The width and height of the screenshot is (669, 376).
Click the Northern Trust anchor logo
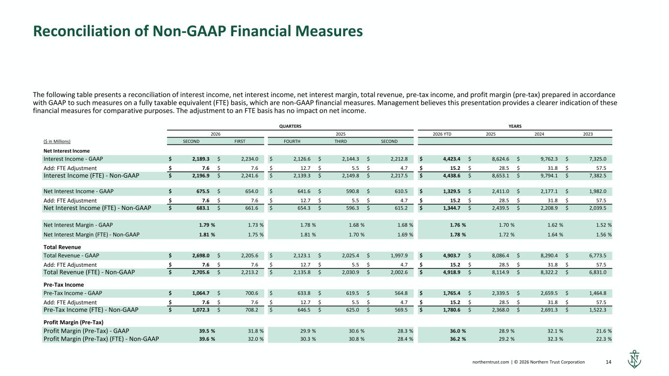(634, 359)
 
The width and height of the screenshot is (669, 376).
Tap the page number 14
(608, 362)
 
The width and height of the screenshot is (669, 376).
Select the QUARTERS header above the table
(290, 126)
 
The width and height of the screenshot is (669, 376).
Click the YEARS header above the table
(515, 126)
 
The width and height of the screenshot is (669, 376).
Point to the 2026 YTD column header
(442, 134)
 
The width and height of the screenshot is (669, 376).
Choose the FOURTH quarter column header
(292, 141)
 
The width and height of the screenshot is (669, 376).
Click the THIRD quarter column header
(341, 141)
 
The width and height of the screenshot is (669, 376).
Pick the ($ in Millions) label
(57, 141)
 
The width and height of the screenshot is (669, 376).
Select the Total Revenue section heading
(62, 247)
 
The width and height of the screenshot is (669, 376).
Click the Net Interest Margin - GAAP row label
(78, 225)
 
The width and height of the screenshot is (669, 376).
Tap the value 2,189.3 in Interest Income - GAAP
(201, 159)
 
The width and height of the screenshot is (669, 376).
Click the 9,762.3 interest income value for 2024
(549, 159)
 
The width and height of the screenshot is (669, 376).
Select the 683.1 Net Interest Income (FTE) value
(203, 208)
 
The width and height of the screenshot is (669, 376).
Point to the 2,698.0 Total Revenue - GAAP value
(201, 256)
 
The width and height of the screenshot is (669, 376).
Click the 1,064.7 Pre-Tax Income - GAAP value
(201, 293)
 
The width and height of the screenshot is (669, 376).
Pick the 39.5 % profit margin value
(207, 331)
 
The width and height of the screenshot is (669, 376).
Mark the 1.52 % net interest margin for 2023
(604, 225)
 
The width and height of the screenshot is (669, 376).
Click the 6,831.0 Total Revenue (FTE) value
(597, 272)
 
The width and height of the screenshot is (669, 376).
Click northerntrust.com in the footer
(491, 362)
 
